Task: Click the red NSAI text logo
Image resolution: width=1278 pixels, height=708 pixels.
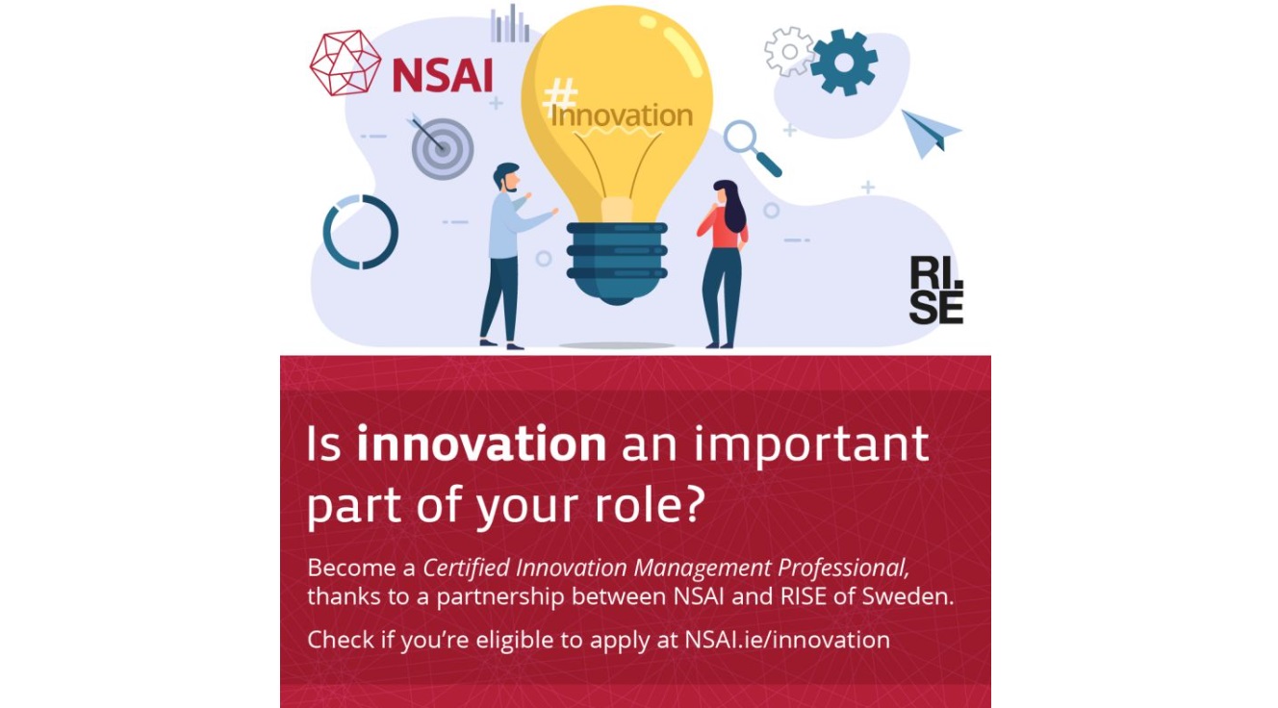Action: (443, 76)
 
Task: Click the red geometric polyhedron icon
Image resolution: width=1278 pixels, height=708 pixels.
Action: (345, 63)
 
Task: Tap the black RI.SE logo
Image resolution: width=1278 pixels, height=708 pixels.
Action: (936, 291)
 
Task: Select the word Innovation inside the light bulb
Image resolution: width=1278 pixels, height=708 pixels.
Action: (622, 115)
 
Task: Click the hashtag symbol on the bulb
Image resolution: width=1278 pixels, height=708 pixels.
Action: (560, 98)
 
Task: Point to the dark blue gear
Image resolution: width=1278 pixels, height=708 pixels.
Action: (844, 63)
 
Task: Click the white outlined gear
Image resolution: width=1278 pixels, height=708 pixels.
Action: (790, 51)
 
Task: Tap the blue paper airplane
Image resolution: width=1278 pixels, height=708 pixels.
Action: (931, 134)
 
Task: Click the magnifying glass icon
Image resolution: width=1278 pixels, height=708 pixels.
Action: (752, 148)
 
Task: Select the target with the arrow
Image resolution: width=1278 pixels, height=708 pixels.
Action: (441, 146)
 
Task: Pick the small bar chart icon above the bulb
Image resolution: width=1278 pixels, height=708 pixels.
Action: (510, 24)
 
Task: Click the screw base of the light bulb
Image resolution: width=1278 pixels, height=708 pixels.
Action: (617, 263)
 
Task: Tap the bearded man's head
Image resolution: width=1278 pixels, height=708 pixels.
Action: (506, 177)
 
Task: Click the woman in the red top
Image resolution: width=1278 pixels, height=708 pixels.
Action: (724, 264)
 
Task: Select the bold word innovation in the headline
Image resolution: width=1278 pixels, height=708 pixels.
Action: (481, 443)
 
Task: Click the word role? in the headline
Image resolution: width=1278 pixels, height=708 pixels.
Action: (651, 505)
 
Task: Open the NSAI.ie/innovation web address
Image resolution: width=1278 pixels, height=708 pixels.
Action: (787, 640)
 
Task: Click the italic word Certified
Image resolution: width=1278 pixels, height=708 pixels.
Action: (466, 568)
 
